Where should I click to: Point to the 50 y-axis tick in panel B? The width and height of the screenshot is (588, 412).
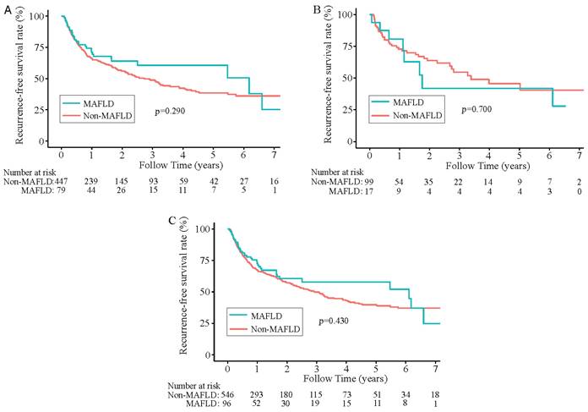(350, 79)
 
